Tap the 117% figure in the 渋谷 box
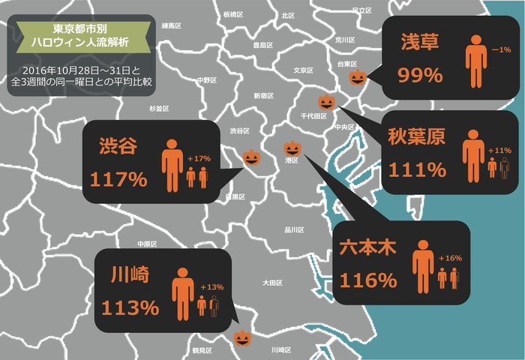tap(118, 180)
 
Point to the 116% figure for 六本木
tap(367, 280)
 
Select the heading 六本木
tap(368, 247)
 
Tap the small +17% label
tap(199, 158)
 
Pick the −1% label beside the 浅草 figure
tap(501, 49)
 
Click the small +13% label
tap(212, 287)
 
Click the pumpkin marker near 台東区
tap(358, 77)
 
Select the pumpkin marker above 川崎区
tap(241, 339)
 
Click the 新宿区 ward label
tap(263, 96)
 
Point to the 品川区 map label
tap(294, 230)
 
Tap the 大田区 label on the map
tap(271, 283)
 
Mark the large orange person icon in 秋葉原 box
tap(473, 155)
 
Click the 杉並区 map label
tap(160, 109)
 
